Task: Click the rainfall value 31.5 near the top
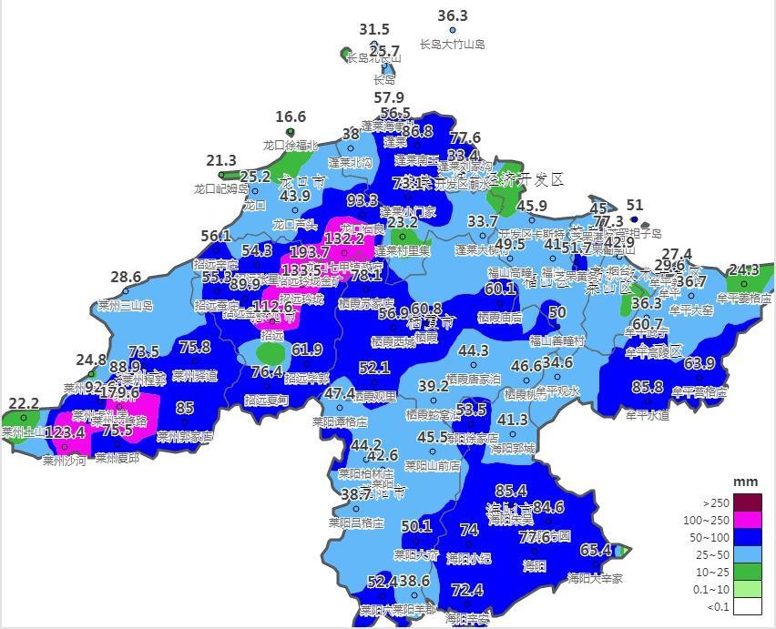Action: click(374, 30)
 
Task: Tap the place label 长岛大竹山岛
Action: click(453, 44)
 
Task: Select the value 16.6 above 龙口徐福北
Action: click(291, 117)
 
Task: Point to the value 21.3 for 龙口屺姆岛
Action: click(221, 161)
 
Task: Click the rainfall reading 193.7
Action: click(310, 252)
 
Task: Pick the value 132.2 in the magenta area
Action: click(344, 238)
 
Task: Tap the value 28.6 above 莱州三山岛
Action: click(126, 278)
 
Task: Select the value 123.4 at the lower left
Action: click(65, 431)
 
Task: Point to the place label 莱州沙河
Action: click(64, 461)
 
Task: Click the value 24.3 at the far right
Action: click(744, 269)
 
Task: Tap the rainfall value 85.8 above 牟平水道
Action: click(648, 388)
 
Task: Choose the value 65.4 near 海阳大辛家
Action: click(596, 550)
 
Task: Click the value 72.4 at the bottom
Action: click(467, 591)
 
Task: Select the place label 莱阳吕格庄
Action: click(356, 523)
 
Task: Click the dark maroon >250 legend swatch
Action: click(747, 502)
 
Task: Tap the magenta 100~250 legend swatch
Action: click(747, 520)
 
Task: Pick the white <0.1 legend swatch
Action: click(747, 606)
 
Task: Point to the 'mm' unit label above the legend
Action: click(746, 482)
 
